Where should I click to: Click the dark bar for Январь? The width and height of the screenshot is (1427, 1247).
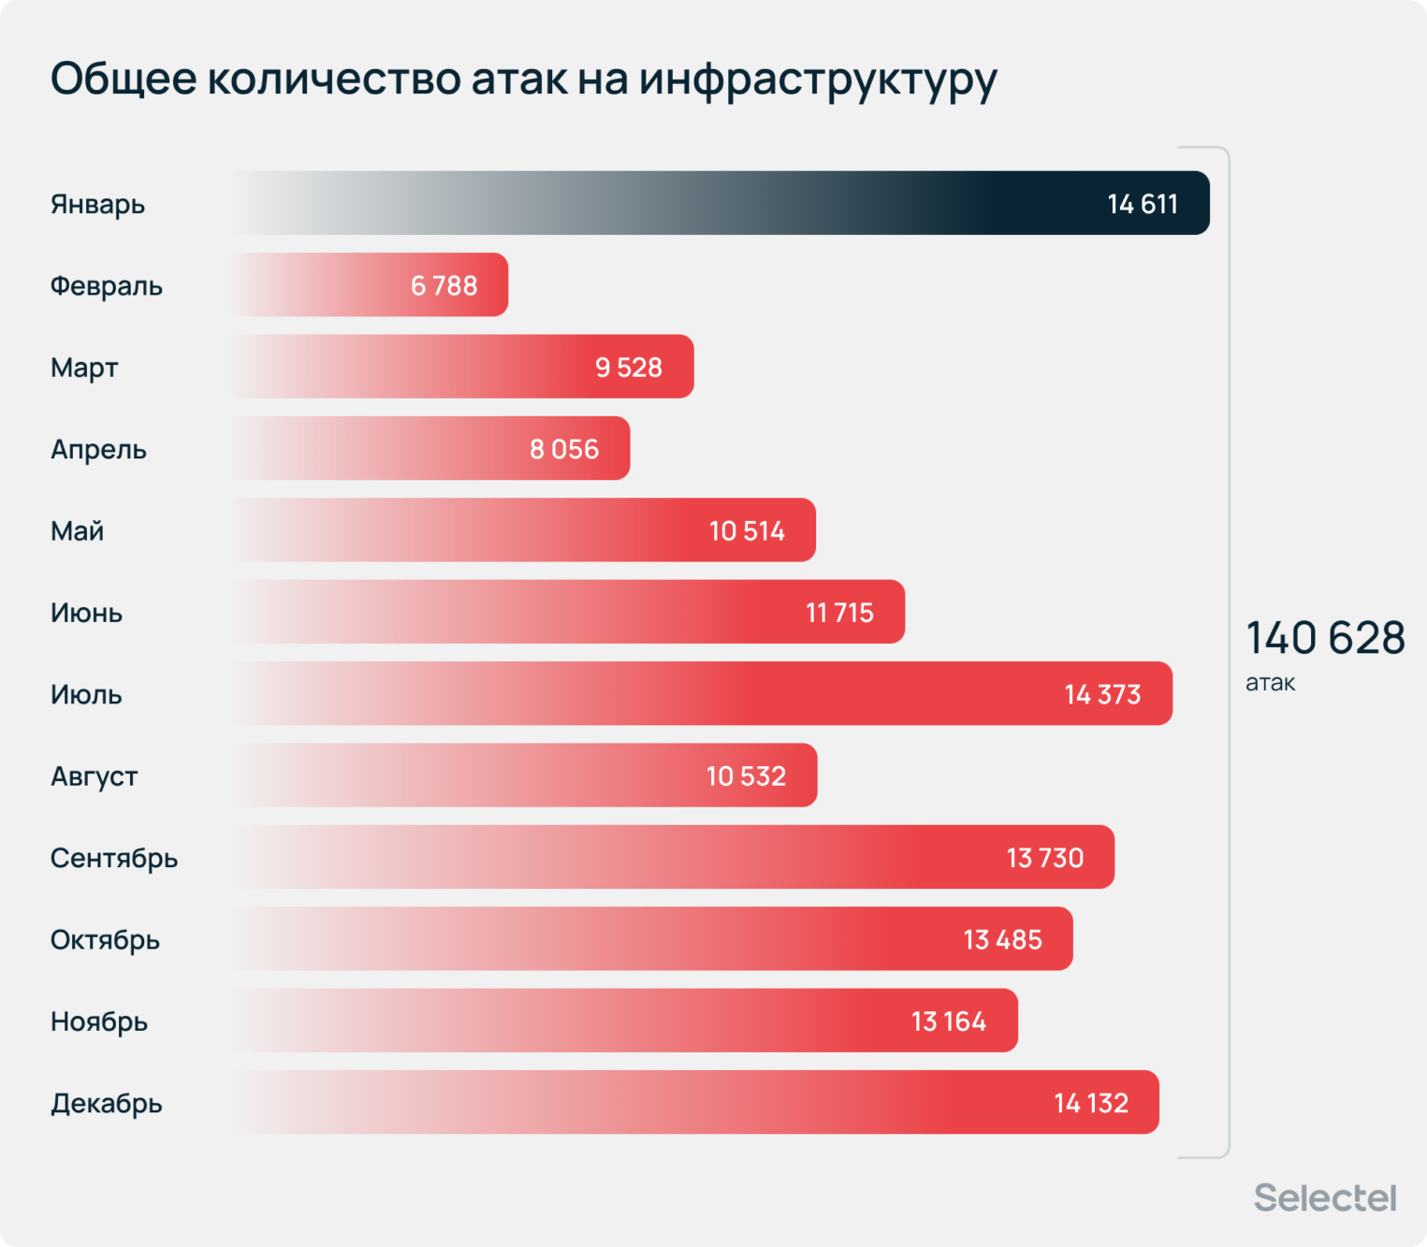[721, 203]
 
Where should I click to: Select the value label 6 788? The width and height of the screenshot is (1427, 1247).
[444, 285]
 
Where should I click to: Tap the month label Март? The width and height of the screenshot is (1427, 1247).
[84, 368]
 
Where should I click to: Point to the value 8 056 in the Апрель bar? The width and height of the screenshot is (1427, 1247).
[564, 449]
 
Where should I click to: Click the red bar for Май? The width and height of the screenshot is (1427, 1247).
[524, 530]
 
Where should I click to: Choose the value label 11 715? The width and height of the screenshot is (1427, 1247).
[839, 613]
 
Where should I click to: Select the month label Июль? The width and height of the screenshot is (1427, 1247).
[86, 694]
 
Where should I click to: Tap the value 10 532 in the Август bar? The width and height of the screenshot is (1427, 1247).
[746, 776]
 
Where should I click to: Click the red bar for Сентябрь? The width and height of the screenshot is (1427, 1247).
[674, 858]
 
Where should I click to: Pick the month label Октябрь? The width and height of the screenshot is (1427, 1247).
[105, 939]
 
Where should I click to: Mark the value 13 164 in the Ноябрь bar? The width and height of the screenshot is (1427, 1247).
[948, 1022]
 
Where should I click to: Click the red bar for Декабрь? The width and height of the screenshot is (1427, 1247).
[692, 1103]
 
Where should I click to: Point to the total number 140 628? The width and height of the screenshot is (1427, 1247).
[1325, 638]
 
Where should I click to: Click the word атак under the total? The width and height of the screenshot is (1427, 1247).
[1270, 683]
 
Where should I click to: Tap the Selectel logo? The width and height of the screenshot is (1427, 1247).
[1324, 1197]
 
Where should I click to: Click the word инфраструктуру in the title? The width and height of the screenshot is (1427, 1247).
[818, 79]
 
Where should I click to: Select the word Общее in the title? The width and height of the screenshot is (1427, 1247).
[124, 79]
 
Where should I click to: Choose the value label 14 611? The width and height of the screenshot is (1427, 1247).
[1143, 204]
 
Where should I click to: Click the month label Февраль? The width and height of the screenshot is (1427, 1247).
[107, 285]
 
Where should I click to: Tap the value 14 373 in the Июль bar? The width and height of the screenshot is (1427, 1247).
[1102, 694]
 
